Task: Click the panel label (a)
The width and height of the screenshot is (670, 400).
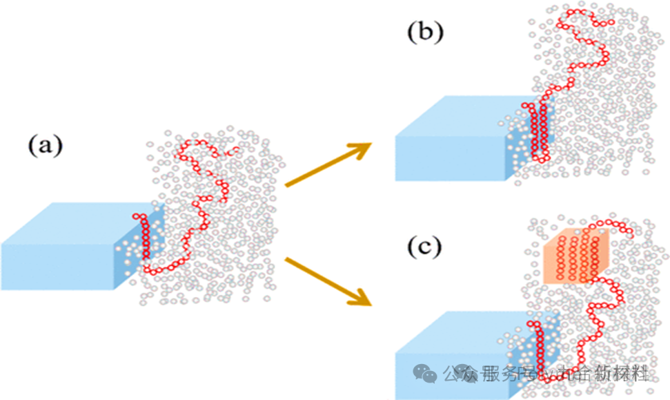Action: coord(46,146)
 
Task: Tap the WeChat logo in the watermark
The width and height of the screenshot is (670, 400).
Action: coord(428,374)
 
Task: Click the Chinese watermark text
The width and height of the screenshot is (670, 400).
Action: coord(545,374)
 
